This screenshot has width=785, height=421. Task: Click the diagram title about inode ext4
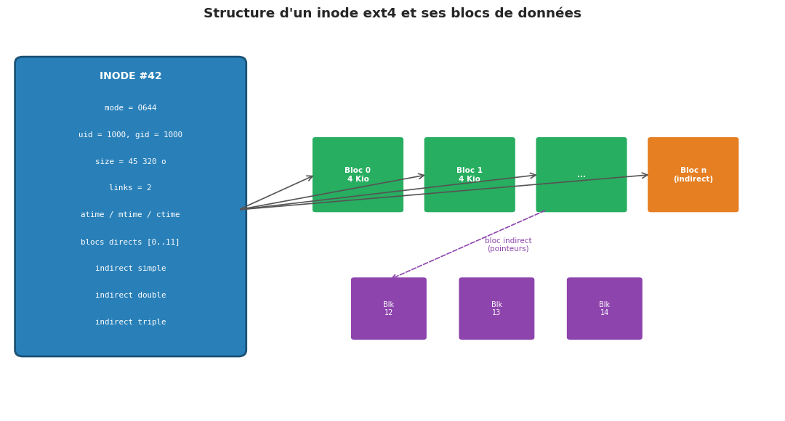pyautogui.click(x=392, y=14)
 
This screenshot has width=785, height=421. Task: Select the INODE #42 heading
pyautogui.click(x=131, y=76)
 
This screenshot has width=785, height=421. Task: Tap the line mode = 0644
pyautogui.click(x=131, y=108)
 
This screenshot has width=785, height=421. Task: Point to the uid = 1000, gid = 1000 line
pyautogui.click(x=131, y=135)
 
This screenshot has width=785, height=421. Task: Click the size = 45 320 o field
pyautogui.click(x=131, y=162)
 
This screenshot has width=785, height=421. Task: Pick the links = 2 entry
pyautogui.click(x=131, y=188)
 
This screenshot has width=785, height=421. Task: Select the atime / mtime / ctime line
pyautogui.click(x=131, y=215)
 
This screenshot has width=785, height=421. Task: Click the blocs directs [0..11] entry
pyautogui.click(x=131, y=242)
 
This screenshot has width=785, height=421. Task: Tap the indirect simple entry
pyautogui.click(x=131, y=269)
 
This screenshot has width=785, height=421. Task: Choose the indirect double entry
pyautogui.click(x=131, y=295)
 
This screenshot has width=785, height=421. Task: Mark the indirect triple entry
pyautogui.click(x=131, y=322)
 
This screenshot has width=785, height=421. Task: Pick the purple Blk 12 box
pyautogui.click(x=389, y=308)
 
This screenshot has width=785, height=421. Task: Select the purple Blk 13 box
pyautogui.click(x=496, y=308)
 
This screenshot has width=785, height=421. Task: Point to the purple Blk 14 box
pyautogui.click(x=605, y=308)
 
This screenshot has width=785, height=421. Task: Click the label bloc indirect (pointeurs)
pyautogui.click(x=508, y=245)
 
